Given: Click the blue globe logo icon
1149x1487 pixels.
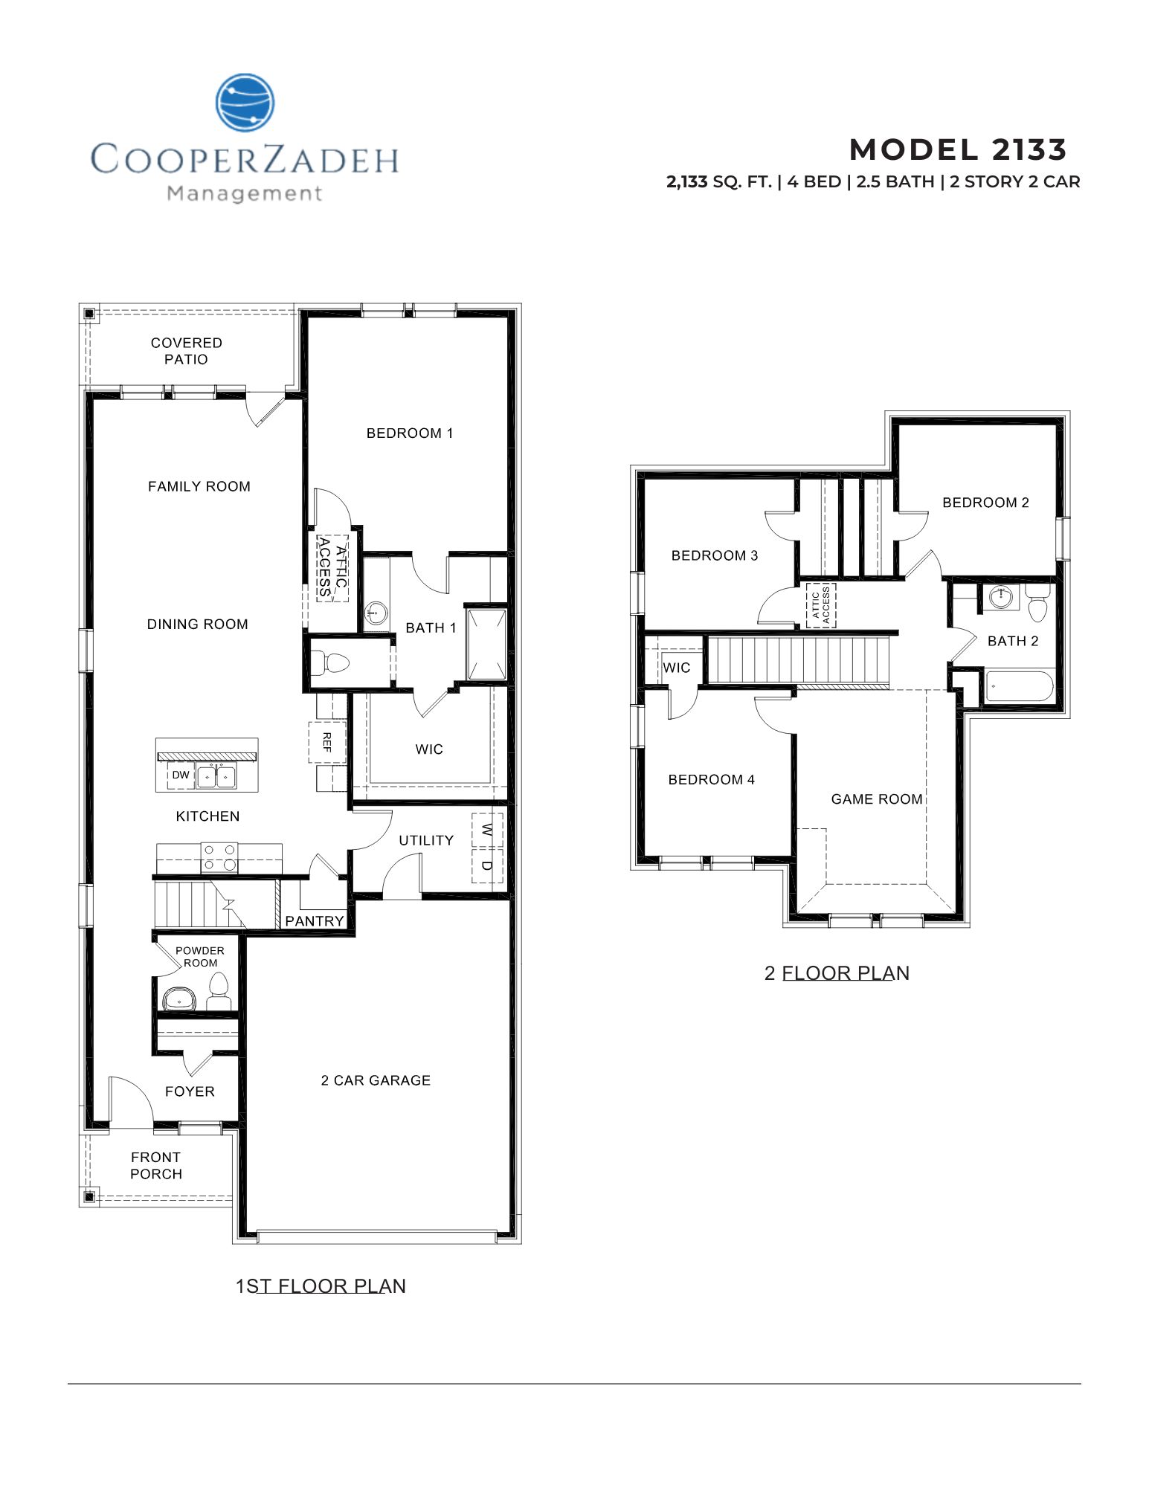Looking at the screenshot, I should (245, 103).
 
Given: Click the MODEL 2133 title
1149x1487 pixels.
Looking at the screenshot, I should (958, 150).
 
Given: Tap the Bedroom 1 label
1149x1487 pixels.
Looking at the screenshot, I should (410, 433).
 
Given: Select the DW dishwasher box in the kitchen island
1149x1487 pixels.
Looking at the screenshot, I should (181, 775).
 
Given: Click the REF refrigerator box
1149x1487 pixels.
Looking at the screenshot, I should (326, 742).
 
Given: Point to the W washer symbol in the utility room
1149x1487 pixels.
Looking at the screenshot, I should (487, 830).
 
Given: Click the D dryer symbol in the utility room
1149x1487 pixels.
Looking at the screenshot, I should (487, 865).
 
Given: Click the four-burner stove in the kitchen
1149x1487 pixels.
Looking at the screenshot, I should (219, 857).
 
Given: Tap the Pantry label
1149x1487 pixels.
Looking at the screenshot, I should (315, 921).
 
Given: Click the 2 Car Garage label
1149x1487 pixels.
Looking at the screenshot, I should (376, 1080).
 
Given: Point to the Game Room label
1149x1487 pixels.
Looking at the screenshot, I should (877, 799).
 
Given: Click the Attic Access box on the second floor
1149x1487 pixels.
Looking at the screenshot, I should (821, 605).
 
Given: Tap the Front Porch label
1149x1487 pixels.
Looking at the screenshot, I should (156, 1166).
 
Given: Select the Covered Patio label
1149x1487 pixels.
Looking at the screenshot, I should (186, 351).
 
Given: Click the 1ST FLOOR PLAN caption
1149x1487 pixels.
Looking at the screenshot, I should (321, 1287).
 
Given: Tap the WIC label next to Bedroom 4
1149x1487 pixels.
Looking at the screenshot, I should (676, 668).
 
